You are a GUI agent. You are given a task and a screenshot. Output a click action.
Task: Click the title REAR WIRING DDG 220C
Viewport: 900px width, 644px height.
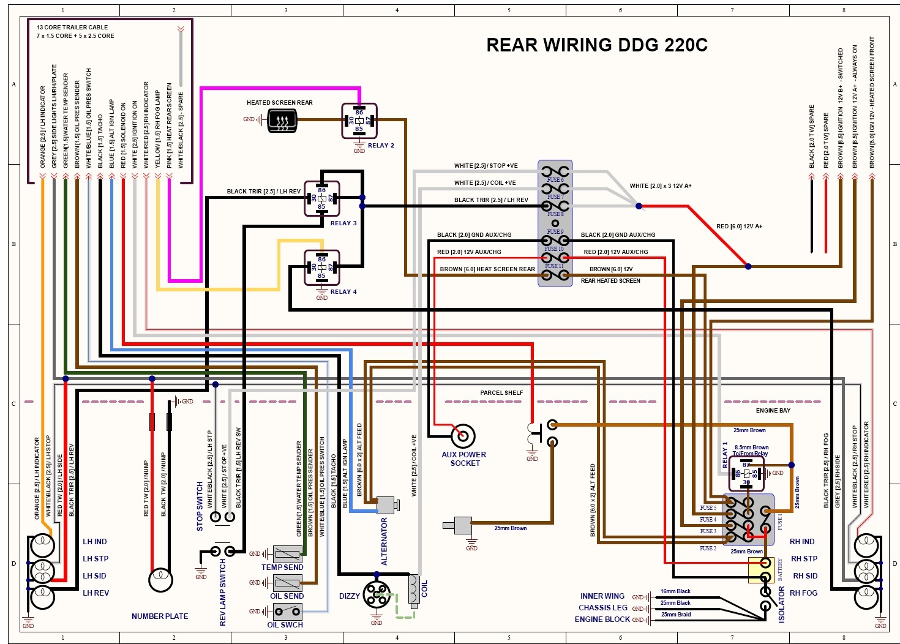(x=596, y=45)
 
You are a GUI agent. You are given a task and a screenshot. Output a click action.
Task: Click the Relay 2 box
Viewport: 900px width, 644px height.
(x=359, y=121)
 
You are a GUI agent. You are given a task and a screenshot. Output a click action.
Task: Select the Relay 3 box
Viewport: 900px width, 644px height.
(x=322, y=198)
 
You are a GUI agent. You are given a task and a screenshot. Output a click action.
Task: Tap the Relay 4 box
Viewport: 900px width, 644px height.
(x=322, y=268)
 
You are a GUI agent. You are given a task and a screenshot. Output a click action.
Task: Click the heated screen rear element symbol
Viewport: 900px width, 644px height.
(x=282, y=120)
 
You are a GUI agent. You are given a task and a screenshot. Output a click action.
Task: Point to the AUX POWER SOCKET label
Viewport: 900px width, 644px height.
(x=463, y=459)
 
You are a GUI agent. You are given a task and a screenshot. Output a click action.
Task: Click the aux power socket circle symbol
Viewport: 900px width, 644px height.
(x=463, y=436)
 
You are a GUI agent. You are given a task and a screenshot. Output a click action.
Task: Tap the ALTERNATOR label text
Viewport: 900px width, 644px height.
(x=384, y=542)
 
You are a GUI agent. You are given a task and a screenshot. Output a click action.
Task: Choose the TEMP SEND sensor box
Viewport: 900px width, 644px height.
(x=287, y=555)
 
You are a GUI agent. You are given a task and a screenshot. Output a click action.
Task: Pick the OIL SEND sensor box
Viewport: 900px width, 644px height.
(x=287, y=583)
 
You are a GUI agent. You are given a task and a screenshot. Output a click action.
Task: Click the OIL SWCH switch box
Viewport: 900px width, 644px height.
(x=287, y=611)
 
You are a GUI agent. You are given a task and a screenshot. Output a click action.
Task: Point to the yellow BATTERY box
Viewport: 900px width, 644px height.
(x=761, y=570)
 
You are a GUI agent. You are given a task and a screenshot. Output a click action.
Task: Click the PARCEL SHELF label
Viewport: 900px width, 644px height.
(x=501, y=392)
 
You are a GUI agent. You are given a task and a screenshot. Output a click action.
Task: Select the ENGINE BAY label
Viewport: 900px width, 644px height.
(x=773, y=410)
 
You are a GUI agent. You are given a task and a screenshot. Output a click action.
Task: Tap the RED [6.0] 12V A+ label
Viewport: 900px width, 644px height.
(x=739, y=227)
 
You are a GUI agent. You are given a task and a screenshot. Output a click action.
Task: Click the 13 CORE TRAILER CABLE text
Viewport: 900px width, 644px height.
(x=72, y=27)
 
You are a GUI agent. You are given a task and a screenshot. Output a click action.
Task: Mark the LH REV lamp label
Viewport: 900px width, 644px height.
(x=96, y=593)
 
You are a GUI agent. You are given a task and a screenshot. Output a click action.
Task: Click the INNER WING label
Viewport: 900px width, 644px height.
(x=602, y=596)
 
